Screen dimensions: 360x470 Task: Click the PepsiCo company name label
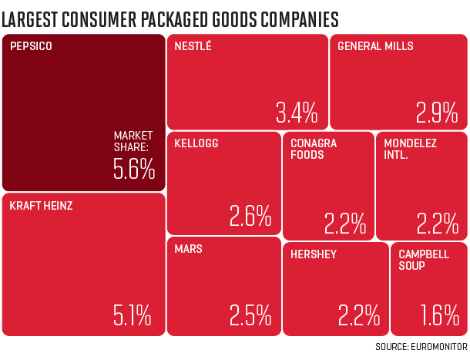[32, 46]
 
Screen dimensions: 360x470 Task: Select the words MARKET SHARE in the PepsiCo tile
[134, 140]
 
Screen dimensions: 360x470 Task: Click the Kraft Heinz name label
[41, 206]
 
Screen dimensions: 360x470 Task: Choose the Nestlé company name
[193, 46]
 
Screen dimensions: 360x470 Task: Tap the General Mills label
[376, 46]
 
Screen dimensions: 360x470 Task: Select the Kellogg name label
[196, 143]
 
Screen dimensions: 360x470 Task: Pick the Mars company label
[188, 250]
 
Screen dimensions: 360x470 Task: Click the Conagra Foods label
[314, 149]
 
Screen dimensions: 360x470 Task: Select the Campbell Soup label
[423, 260]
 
